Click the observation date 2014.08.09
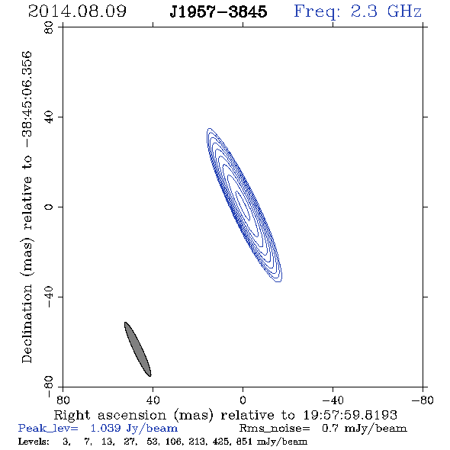click(x=77, y=11)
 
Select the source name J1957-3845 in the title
click(x=218, y=11)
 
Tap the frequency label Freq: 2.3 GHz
click(x=358, y=11)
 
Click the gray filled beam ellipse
click(x=138, y=349)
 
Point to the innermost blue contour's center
click(x=243, y=206)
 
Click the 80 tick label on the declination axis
click(x=49, y=27)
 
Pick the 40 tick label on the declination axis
click(x=49, y=117)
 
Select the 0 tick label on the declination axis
click(x=49, y=207)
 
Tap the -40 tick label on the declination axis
click(x=49, y=297)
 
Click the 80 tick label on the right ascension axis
click(x=63, y=400)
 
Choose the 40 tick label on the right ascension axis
click(x=153, y=400)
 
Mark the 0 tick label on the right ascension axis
click(x=243, y=400)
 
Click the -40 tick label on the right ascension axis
click(x=333, y=400)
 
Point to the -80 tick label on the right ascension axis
click(x=423, y=400)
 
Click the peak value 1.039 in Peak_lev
click(x=106, y=429)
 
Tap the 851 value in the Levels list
click(x=244, y=442)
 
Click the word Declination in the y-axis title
click(x=27, y=323)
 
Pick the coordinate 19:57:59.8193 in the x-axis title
click(x=350, y=415)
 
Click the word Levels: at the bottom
click(x=34, y=442)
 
